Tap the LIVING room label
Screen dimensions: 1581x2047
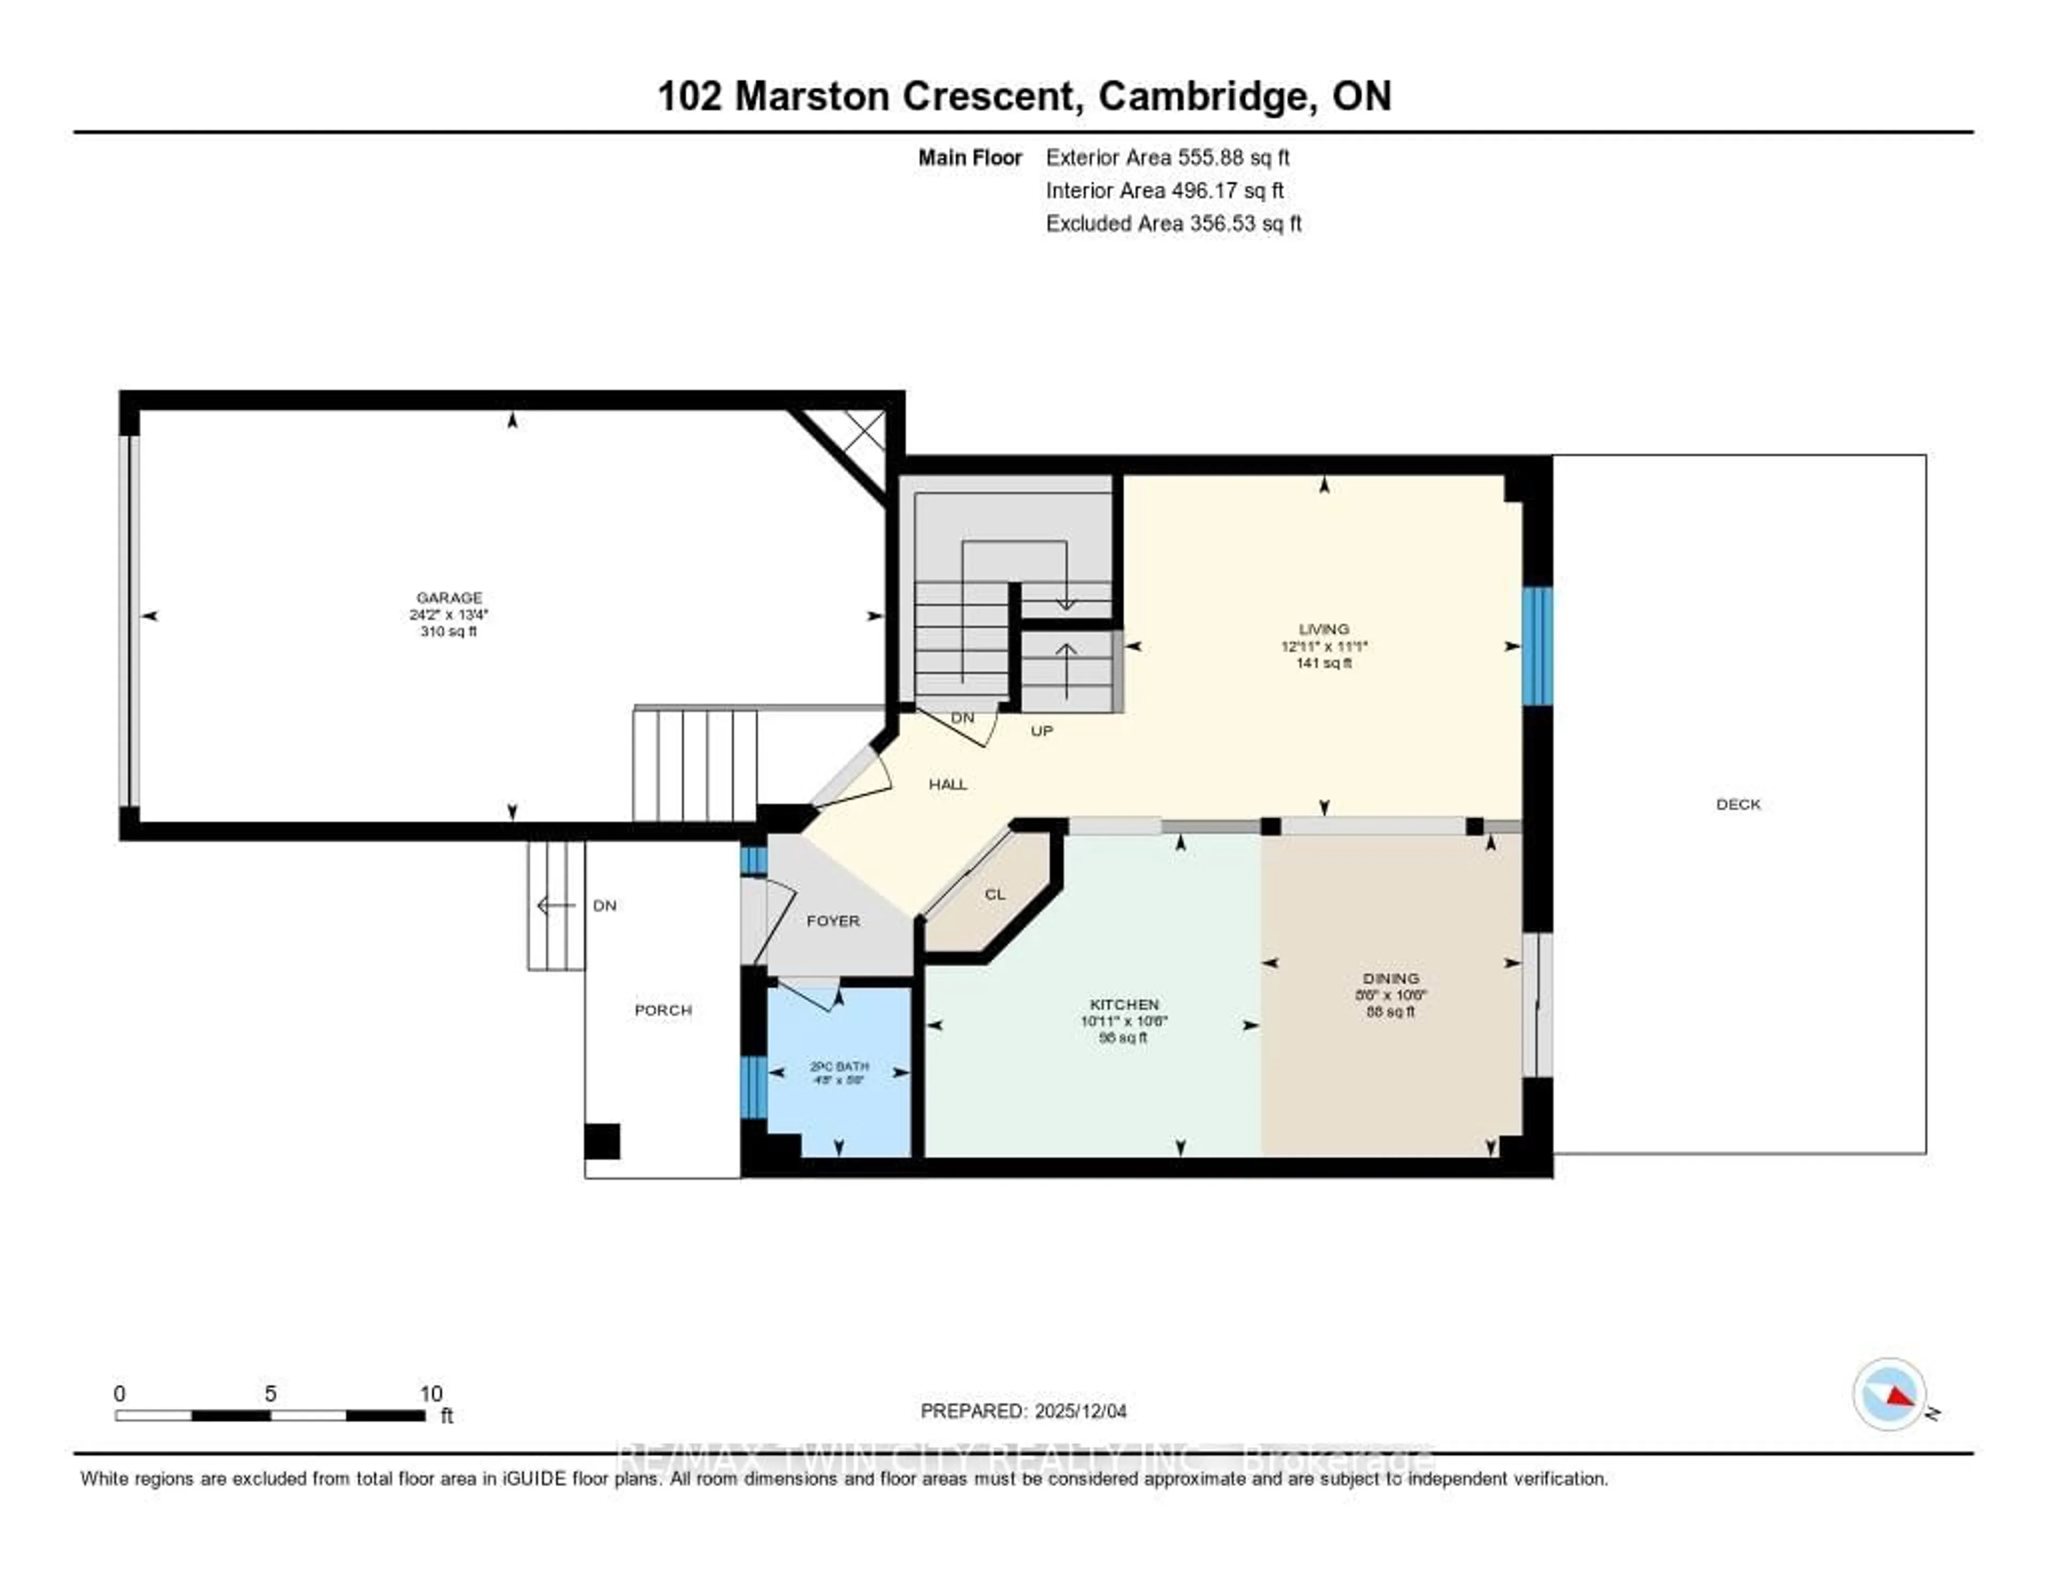pos(1324,629)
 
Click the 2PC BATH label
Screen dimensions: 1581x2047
pos(839,1067)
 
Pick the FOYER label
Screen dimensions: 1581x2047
pos(832,921)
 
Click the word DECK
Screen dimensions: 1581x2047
pos(1738,804)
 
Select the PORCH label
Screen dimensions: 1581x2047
pos(663,1010)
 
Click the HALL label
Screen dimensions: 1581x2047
pos(948,785)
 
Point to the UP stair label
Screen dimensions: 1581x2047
pos(1041,731)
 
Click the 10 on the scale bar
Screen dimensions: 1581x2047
pos(430,1393)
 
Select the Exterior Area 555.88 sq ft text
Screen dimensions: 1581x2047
pos(1167,157)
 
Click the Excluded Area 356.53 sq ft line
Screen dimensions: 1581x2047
pos(1173,223)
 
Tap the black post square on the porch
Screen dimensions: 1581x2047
pos(602,1141)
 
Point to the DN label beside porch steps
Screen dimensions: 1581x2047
pos(605,905)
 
